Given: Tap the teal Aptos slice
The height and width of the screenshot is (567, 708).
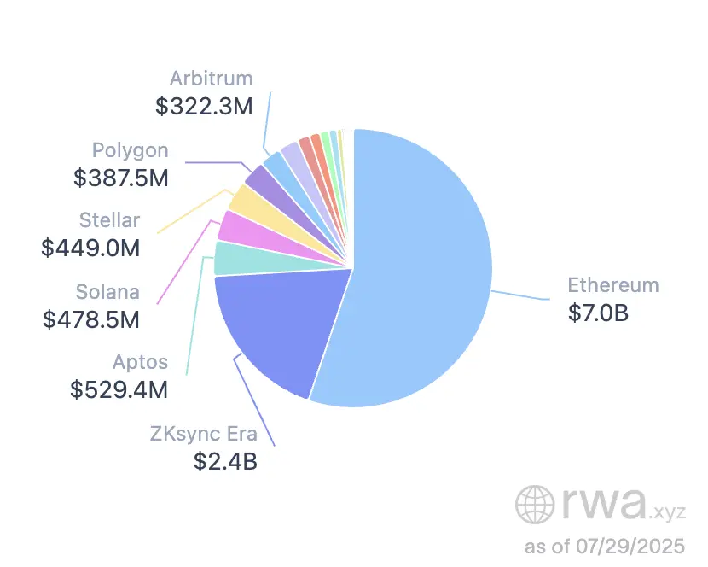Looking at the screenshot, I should click(x=229, y=258).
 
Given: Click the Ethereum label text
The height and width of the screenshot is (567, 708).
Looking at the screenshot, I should click(x=613, y=285).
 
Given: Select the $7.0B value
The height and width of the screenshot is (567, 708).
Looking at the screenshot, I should click(x=598, y=313).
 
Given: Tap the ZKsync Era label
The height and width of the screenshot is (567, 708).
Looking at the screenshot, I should click(x=204, y=434).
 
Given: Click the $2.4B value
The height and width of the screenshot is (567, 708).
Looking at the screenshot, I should click(x=225, y=462).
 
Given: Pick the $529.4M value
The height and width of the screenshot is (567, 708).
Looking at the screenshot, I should click(x=119, y=389).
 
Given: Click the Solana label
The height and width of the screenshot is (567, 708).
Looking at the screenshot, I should click(x=107, y=291).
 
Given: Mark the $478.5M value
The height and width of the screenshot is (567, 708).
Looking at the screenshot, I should click(x=91, y=319).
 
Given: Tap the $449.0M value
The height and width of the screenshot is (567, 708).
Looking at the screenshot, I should click(x=90, y=248).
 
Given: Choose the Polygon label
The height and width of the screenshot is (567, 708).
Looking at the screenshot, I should click(x=130, y=150).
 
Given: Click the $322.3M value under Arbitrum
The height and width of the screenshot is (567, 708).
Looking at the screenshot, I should click(x=204, y=107).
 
